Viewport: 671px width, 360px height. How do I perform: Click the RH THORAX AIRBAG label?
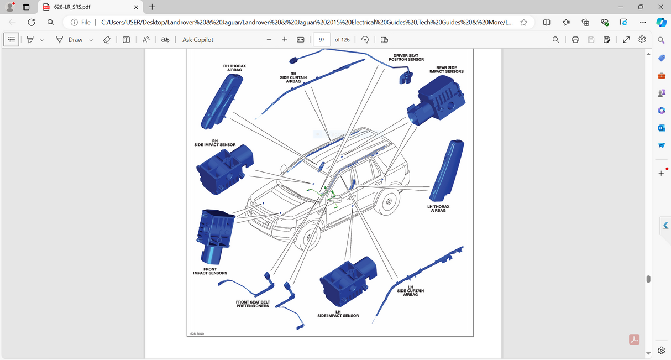(234, 67)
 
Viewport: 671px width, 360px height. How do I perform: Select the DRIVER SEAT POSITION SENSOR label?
(406, 58)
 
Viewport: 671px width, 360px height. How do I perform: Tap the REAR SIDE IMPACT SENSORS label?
(446, 70)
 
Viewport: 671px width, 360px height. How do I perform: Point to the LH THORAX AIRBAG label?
(438, 208)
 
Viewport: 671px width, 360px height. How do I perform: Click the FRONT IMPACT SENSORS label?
(209, 271)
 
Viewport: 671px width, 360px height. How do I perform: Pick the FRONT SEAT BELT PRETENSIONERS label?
(253, 304)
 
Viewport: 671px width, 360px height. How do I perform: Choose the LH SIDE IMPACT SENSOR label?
(338, 314)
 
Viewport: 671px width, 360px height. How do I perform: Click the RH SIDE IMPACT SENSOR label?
(215, 143)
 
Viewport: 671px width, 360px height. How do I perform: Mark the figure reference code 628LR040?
(197, 334)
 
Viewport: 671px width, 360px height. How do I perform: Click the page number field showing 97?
(322, 40)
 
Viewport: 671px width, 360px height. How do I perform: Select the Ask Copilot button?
(198, 40)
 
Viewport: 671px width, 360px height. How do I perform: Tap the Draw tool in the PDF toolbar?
(70, 40)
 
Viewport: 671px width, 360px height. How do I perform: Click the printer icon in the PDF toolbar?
(575, 40)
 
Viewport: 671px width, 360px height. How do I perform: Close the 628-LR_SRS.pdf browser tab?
(136, 7)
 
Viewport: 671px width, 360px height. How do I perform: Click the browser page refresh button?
(32, 22)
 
